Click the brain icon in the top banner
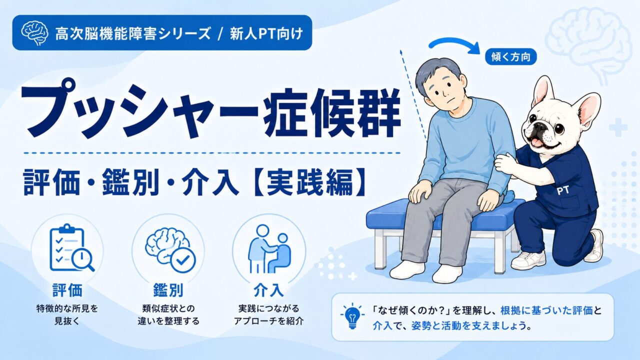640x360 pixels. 34,33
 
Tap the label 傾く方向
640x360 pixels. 511,57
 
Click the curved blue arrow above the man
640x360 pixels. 454,45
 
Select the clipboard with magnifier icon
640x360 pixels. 71,248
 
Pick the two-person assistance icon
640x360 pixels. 269,248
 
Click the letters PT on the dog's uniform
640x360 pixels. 563,190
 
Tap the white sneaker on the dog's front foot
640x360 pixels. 528,260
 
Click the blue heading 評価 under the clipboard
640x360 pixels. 67,290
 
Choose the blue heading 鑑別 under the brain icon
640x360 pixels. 168,290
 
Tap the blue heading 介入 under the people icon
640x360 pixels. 269,290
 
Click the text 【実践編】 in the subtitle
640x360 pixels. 308,182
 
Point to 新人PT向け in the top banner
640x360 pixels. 266,34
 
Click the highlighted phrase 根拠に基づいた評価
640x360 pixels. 546,311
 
